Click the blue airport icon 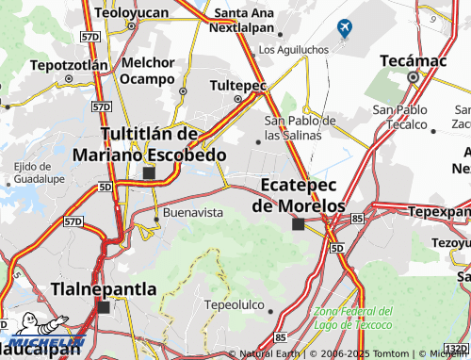coord(343,28)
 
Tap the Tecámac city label coord(411,59)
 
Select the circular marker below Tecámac coord(412,77)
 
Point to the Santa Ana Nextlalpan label coord(248,20)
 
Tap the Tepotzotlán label coord(69,66)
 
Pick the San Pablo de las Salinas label coord(300,128)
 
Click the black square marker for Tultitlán coord(148,173)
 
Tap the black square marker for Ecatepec coord(299,224)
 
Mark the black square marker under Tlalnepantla coord(103,307)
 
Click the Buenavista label coord(193,212)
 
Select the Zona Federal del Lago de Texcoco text coord(352,319)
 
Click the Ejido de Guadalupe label coord(38,172)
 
